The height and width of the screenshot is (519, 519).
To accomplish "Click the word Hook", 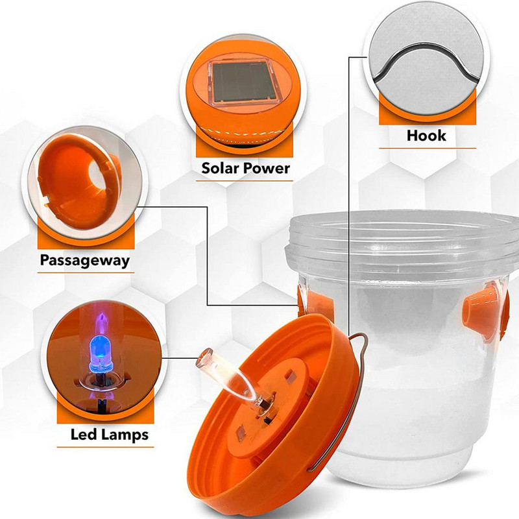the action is click(426, 136).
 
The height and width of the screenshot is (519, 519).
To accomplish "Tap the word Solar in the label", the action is click(221, 168).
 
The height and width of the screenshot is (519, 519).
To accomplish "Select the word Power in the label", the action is click(267, 168).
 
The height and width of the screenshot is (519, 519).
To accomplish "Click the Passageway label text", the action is click(85, 261).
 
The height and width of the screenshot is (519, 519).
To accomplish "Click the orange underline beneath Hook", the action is click(428, 149).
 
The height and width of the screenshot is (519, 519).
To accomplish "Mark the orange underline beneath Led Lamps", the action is click(105, 447).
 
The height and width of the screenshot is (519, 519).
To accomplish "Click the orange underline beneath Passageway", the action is click(86, 272).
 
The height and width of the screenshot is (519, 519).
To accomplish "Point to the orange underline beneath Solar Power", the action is click(245, 181).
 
